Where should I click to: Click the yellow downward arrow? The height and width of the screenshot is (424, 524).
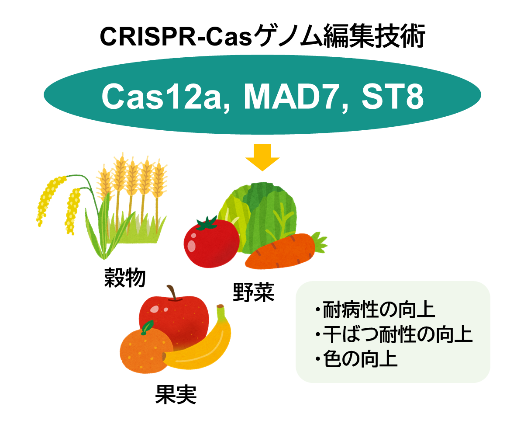[x=262, y=158]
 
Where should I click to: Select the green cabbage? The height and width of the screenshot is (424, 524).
[x=258, y=210]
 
